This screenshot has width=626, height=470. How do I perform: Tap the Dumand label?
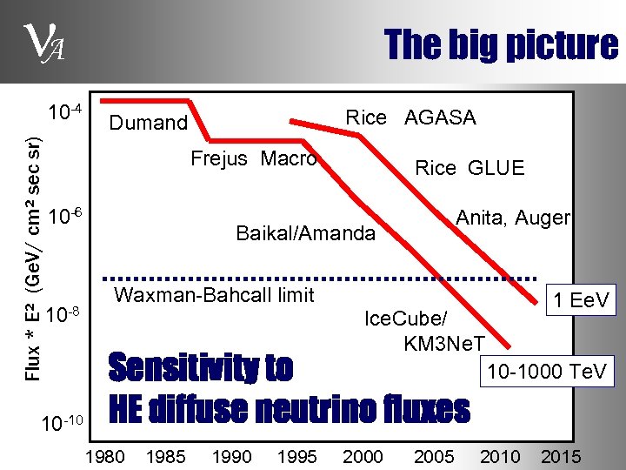pos(148,123)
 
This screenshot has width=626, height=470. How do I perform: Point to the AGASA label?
pos(440,117)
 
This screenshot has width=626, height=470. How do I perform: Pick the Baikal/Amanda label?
pos(305,233)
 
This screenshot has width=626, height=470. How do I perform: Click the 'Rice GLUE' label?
pos(469,168)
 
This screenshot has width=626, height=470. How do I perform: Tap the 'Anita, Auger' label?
pos(513,218)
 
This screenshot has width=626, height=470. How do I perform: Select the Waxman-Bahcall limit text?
pos(214,295)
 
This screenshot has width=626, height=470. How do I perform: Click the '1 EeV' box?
pos(579,301)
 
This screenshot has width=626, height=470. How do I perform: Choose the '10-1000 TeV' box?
pos(547,372)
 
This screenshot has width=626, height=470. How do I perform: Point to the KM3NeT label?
pos(444,343)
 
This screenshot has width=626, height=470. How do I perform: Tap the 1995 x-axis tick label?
pos(297,456)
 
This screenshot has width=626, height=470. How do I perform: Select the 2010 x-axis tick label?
pos(500,456)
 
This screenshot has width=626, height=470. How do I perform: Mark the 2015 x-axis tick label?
pos(561,456)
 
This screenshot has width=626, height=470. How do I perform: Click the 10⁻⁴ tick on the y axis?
pos(64,112)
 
